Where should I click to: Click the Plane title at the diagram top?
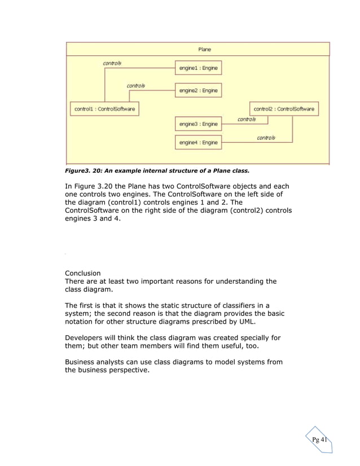tap(204, 49)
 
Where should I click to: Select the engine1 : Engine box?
tap(198, 68)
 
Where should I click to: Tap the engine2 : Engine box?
tap(198, 90)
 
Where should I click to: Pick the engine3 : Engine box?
tap(198, 124)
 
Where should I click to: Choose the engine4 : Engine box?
tap(198, 143)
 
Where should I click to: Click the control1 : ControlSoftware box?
tap(104, 109)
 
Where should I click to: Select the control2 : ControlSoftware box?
tap(284, 109)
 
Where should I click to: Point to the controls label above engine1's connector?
tap(112, 63)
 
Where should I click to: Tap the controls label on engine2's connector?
tap(135, 86)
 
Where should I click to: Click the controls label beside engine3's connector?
tap(246, 120)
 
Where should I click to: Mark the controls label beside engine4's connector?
tap(266, 138)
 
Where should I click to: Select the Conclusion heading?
tap(83, 273)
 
